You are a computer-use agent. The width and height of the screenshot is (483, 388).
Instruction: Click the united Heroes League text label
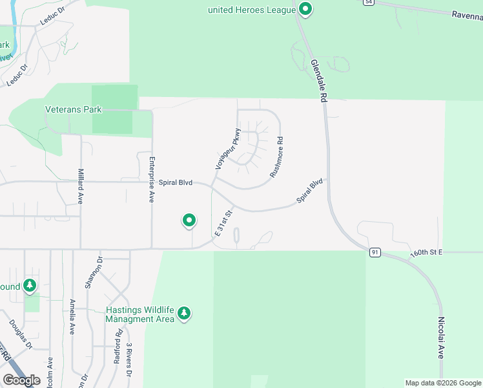click(x=252, y=10)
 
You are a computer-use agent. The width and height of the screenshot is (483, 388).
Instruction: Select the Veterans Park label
click(x=74, y=109)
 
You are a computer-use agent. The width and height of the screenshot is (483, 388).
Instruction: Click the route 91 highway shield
click(x=374, y=252)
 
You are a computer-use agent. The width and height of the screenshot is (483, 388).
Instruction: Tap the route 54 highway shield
click(x=367, y=3)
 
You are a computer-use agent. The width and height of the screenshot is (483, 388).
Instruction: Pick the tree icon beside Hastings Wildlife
click(x=185, y=314)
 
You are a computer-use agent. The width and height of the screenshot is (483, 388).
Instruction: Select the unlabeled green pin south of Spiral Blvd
click(x=189, y=221)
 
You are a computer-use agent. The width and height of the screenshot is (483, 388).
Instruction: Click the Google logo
click(x=22, y=380)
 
